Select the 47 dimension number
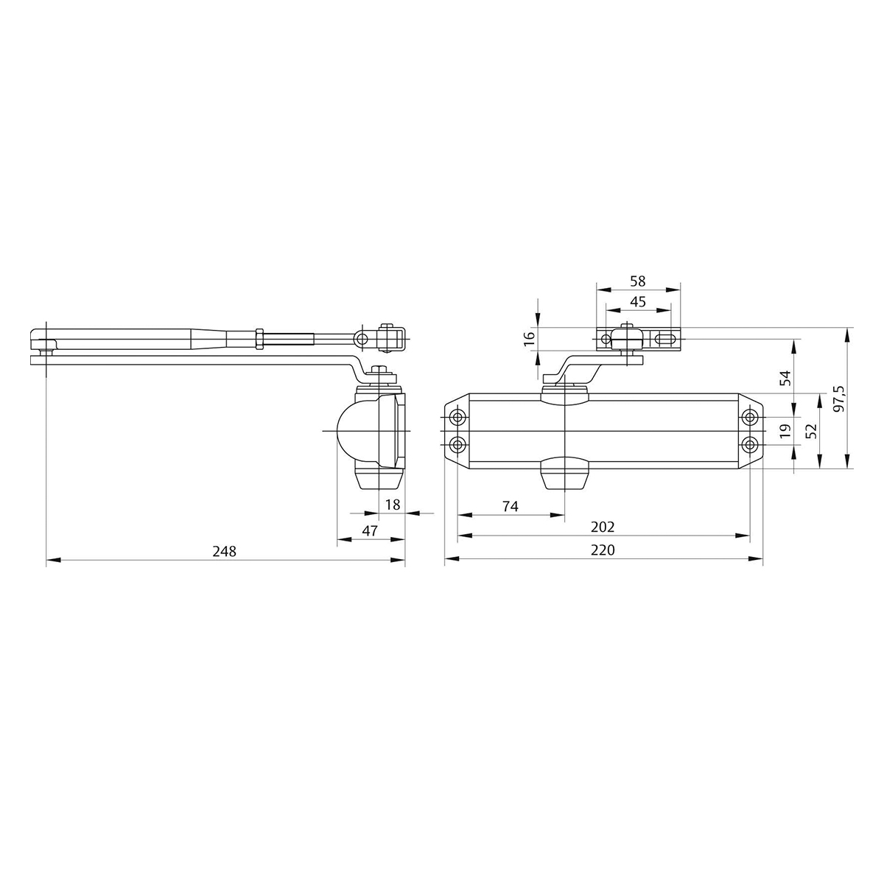pyautogui.click(x=370, y=530)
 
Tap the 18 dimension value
pyautogui.click(x=392, y=505)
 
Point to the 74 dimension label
pyautogui.click(x=511, y=506)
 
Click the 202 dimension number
pyautogui.click(x=603, y=527)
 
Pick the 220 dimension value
pyautogui.click(x=603, y=550)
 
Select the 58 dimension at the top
pyautogui.click(x=638, y=281)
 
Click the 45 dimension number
pyautogui.click(x=638, y=301)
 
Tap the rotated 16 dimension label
pyautogui.click(x=527, y=338)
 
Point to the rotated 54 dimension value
pyautogui.click(x=785, y=378)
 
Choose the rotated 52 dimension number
pyautogui.click(x=811, y=431)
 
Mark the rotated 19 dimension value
pyautogui.click(x=785, y=429)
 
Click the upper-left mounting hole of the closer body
pyautogui.click(x=458, y=418)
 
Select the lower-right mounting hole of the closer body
pyautogui.click(x=750, y=444)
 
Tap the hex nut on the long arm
pyautogui.click(x=259, y=338)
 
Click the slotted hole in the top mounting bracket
pyautogui.click(x=664, y=340)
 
